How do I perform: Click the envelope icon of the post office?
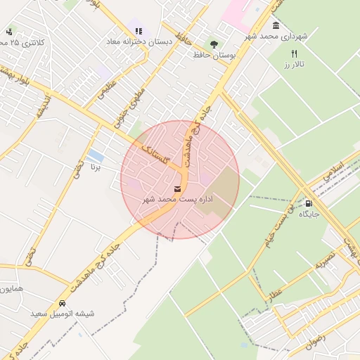click(x=177, y=188)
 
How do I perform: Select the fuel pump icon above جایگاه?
click(x=309, y=203)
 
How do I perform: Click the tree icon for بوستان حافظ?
click(x=214, y=44)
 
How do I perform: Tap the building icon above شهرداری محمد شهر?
click(x=275, y=26)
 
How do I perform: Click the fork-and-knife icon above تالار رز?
click(x=294, y=53)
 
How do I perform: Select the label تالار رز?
click(x=296, y=65)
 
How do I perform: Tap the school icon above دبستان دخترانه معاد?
click(x=139, y=32)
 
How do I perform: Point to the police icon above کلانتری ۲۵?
click(x=9, y=32)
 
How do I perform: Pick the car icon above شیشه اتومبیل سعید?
click(x=63, y=302)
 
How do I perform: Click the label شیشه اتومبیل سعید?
click(x=62, y=313)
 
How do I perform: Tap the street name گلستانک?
click(x=155, y=153)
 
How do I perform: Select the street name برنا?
click(x=96, y=167)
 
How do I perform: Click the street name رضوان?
click(x=316, y=341)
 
